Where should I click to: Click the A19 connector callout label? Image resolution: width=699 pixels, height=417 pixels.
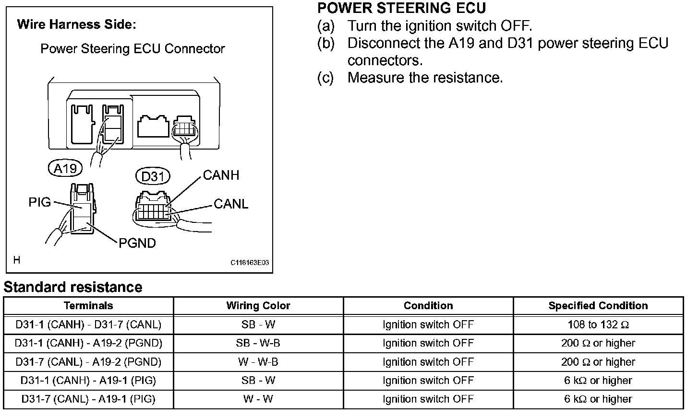65,168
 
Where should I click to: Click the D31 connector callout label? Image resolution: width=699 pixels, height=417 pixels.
153,176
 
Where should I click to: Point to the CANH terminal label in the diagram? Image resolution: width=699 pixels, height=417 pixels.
221,175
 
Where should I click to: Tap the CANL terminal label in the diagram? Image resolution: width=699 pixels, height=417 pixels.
231,204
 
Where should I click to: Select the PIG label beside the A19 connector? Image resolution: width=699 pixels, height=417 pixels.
39,202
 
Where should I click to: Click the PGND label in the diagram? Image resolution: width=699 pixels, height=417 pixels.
137,243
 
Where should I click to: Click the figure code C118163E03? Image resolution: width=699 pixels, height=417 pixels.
250,263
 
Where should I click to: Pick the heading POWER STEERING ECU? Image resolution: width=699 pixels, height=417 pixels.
402,8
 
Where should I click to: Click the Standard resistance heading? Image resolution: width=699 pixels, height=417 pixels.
73,287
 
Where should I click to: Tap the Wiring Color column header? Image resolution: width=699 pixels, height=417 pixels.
258,306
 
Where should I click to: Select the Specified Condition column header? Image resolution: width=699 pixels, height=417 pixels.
598,306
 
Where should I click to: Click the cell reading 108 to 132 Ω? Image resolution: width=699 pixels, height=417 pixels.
598,324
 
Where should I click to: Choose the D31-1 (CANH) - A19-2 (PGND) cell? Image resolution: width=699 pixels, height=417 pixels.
88,343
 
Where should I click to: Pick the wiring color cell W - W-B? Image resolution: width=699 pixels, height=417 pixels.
258,362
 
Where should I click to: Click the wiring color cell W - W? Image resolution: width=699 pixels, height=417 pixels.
258,399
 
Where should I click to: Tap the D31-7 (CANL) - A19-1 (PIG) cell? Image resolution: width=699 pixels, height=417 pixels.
88,399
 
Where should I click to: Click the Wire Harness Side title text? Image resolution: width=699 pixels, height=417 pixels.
77,24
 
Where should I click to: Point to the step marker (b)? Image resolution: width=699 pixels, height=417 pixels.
325,43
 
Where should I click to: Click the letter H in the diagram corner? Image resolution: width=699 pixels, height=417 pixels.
17,260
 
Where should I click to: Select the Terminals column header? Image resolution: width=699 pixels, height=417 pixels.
88,306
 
